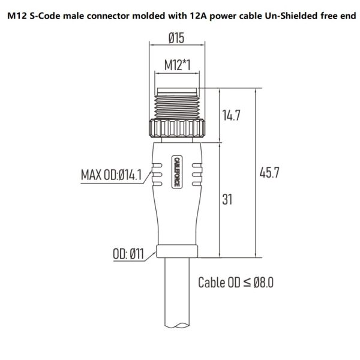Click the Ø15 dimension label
coord(176,40)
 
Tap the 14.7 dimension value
coord(230,116)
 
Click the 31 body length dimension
coord(227,199)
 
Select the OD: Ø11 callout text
coord(128,253)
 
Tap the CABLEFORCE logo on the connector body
coord(176,173)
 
